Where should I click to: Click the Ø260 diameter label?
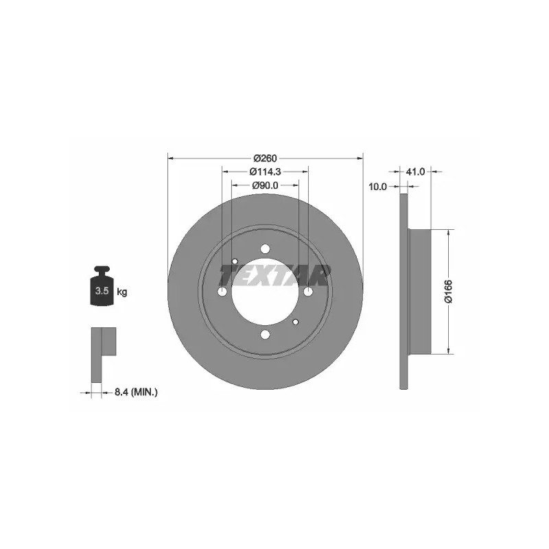[x=265, y=159]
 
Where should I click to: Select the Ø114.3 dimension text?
[x=265, y=172]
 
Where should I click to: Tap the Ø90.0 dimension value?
[x=265, y=185]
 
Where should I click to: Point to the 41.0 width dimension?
[x=415, y=172]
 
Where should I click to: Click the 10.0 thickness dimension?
[x=377, y=187]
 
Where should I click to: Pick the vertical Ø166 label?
[x=449, y=291]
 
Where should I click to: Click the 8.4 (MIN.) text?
[x=136, y=392]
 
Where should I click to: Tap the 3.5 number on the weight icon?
[x=102, y=290]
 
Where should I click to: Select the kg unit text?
[x=122, y=291]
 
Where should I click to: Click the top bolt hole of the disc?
[x=265, y=248]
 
